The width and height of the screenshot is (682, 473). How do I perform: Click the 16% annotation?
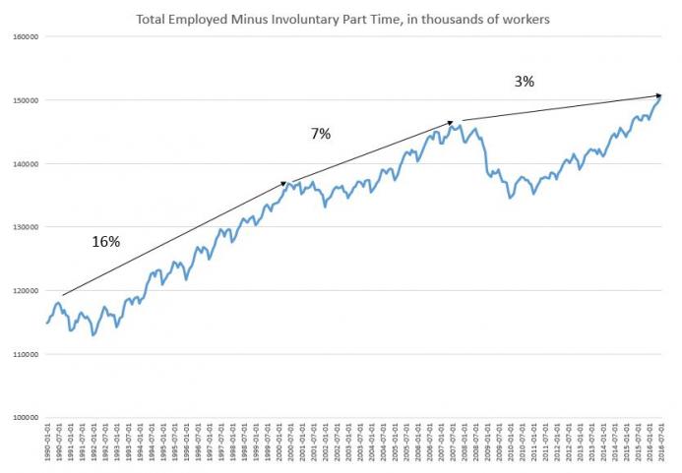(105, 242)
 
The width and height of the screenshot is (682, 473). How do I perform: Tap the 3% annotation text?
(524, 82)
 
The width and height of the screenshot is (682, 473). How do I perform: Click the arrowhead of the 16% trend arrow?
(286, 182)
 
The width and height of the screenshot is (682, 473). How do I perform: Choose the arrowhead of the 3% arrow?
(659, 95)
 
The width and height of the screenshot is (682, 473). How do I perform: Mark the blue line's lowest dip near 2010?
(510, 198)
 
